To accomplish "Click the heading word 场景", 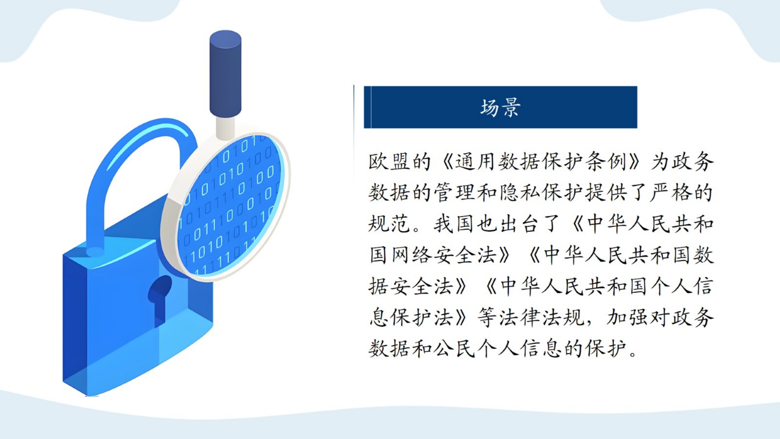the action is (x=500, y=108).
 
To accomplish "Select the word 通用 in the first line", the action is (x=477, y=161).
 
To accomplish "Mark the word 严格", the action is (x=671, y=193).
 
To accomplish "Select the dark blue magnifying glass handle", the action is (x=225, y=74).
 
